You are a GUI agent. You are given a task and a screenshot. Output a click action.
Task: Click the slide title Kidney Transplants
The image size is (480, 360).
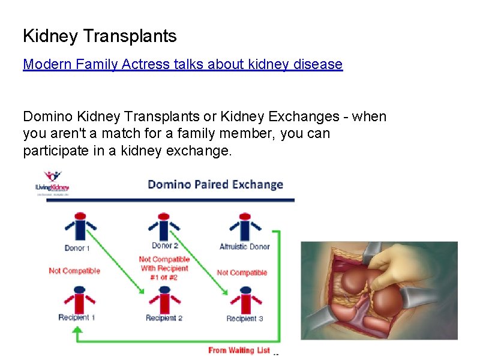100,37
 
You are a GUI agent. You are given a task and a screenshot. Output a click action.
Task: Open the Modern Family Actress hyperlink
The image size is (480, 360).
182,64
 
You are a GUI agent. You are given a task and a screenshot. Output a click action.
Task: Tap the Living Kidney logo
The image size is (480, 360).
52,182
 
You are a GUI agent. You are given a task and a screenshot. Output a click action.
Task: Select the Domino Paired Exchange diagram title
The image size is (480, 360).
215,184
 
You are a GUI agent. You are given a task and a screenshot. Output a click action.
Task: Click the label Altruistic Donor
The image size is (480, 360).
244,247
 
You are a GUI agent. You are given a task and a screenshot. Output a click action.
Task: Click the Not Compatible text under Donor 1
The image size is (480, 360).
74,271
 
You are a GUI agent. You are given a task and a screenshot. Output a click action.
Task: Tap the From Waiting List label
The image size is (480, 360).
239,350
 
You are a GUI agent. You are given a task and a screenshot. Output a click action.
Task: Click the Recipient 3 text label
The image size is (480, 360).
244,319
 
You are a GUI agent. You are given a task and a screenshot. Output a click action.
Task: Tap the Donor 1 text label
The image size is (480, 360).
77,248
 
